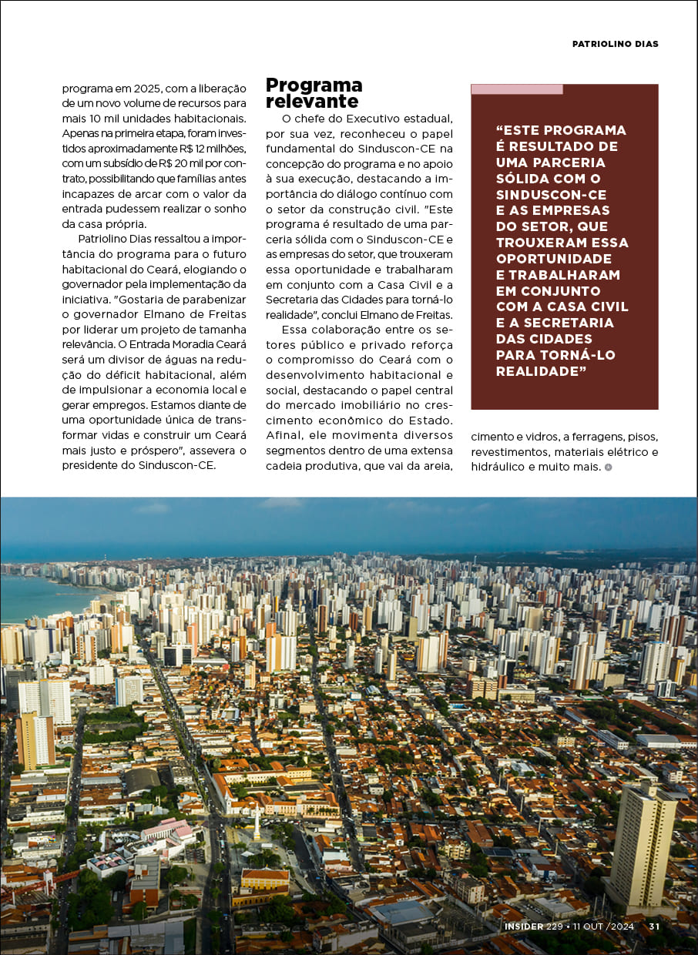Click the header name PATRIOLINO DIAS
coord(615,44)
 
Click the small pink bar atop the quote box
coord(516,89)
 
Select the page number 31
coord(654,927)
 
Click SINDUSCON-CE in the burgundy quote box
coord(551,194)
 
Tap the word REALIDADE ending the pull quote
coord(536,371)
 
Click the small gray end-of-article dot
coord(609,467)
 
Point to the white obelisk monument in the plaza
coord(257,825)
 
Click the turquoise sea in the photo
coord(39,597)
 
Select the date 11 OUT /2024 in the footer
coord(603,927)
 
